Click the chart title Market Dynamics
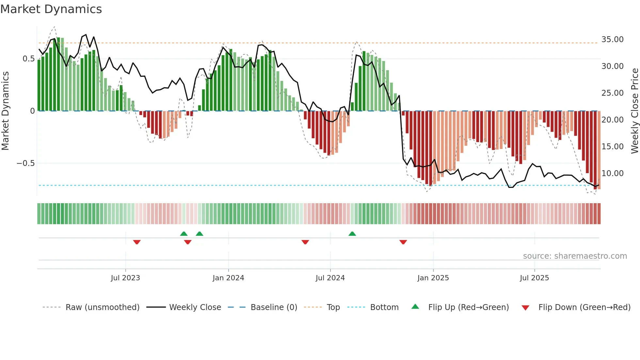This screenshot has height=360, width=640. [51, 9]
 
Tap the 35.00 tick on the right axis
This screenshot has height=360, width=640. [612, 40]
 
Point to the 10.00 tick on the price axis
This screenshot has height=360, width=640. [612, 173]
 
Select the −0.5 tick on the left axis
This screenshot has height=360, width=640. [25, 163]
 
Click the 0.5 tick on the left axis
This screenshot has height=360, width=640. [28, 59]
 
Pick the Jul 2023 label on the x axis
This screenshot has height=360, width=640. [125, 278]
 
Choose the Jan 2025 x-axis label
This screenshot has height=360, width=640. [433, 278]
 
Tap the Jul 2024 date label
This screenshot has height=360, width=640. [330, 278]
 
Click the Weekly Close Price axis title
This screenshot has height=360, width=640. [634, 111]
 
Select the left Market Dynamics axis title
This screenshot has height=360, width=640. [5, 111]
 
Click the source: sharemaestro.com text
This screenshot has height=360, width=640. [575, 256]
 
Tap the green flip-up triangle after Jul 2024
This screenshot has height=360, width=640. [352, 234]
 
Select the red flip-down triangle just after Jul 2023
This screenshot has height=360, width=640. [137, 242]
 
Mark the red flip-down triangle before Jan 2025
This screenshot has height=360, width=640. [403, 242]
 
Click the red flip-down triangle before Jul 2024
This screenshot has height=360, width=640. [305, 242]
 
